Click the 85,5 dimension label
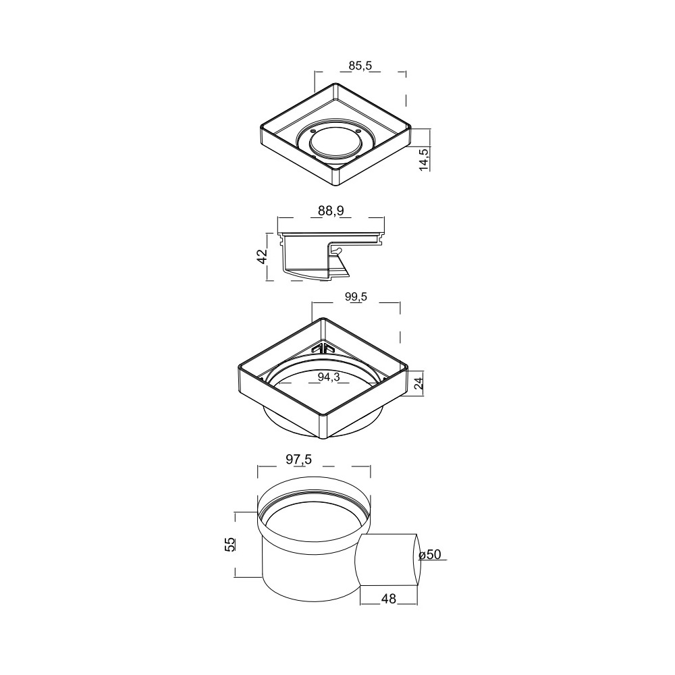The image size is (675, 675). [x=360, y=66]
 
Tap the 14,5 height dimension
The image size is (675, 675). [x=425, y=159]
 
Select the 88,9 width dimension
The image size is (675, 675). [x=331, y=211]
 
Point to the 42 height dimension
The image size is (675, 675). [x=262, y=256]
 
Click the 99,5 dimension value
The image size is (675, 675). [x=356, y=296]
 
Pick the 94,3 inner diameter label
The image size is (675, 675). [x=329, y=377]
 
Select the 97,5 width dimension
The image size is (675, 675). [x=299, y=460]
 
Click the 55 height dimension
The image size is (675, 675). [x=230, y=545]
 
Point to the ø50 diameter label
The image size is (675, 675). [x=430, y=554]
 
